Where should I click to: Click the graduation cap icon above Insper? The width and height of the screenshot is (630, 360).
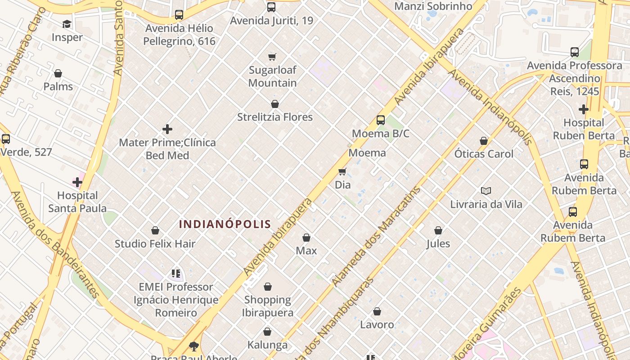click(x=67, y=24)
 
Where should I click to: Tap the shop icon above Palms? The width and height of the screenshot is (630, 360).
click(x=58, y=73)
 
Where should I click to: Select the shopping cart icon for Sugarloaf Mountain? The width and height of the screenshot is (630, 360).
click(x=272, y=57)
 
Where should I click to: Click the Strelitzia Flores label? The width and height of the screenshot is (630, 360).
click(x=275, y=117)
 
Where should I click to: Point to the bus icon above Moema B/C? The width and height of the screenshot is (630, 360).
click(x=381, y=120)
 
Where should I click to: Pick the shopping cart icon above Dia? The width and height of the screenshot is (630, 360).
click(x=342, y=171)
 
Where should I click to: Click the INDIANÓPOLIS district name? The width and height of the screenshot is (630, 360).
click(x=225, y=224)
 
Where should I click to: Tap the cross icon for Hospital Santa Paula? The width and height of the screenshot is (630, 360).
click(x=77, y=182)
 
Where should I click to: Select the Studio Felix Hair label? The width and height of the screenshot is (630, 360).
click(x=155, y=244)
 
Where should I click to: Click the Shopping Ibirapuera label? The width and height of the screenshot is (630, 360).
click(x=268, y=306)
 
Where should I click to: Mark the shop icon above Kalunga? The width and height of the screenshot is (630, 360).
click(x=267, y=332)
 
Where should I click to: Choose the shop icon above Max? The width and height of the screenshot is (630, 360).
click(x=306, y=238)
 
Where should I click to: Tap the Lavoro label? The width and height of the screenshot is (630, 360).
click(x=377, y=324)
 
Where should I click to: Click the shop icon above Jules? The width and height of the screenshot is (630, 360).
click(x=438, y=231)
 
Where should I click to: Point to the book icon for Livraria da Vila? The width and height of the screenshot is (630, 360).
click(x=486, y=191)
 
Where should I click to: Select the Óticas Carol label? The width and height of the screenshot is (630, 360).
click(x=484, y=154)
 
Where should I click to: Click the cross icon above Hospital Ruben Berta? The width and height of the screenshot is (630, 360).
click(x=584, y=109)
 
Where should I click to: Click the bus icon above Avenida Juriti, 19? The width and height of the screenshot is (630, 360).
click(x=271, y=7)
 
